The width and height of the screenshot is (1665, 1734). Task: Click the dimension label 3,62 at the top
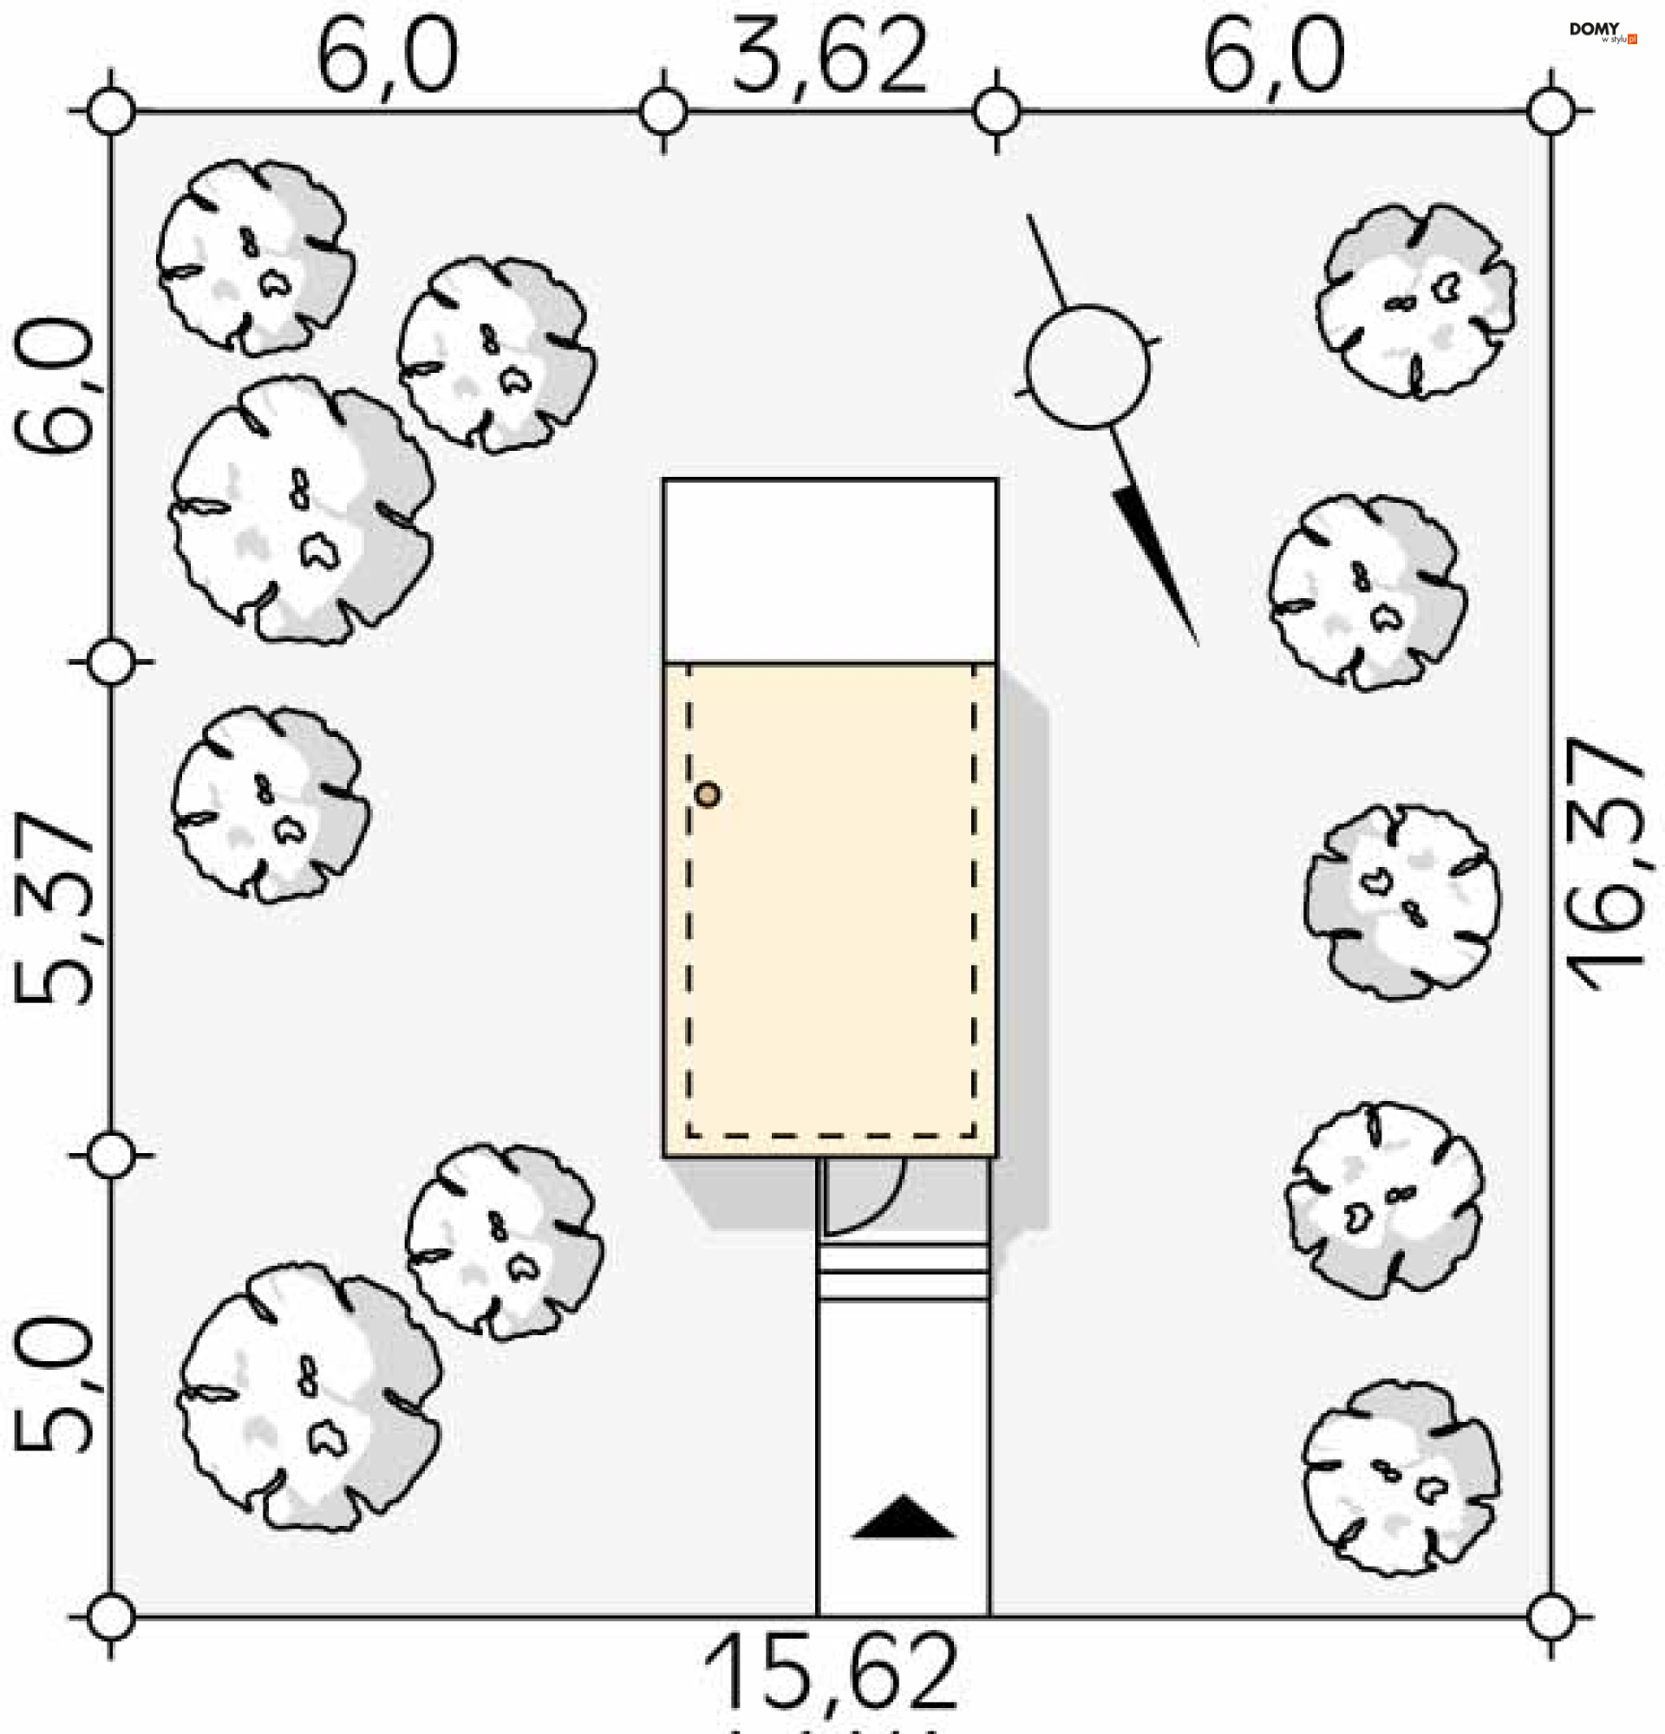[x=829, y=57]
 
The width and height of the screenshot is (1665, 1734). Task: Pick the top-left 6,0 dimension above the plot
[x=388, y=57]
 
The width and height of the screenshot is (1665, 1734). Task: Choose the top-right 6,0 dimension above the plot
[x=1273, y=57]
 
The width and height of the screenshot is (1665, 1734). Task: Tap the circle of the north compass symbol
[x=1088, y=366]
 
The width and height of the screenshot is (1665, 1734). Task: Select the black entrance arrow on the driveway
[x=904, y=1518]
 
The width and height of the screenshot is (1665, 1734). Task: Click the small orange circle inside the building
[x=707, y=794]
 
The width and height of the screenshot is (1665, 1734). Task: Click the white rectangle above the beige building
[x=829, y=569]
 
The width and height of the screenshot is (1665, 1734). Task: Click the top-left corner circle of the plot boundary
[x=113, y=113]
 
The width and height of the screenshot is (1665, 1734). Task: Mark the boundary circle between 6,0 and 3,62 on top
[x=663, y=113]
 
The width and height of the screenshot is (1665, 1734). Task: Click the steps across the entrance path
[x=904, y=1271]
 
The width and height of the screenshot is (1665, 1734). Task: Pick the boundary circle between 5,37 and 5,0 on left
[x=113, y=1156]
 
